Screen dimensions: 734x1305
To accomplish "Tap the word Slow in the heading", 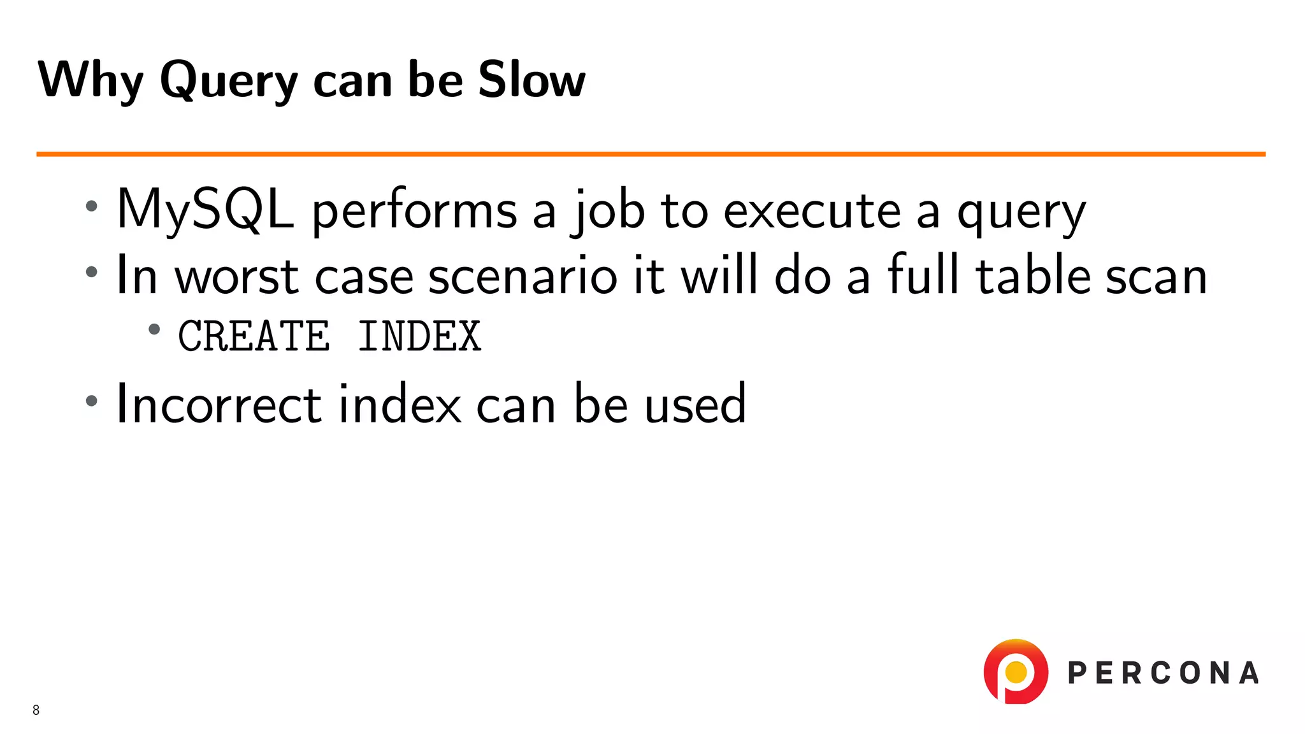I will [x=531, y=80].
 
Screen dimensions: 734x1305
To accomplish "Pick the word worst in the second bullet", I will [x=236, y=277].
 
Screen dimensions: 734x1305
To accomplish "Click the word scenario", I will [x=523, y=277].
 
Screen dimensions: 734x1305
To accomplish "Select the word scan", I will [x=1156, y=278].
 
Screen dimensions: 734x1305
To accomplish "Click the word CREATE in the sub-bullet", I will [x=254, y=336].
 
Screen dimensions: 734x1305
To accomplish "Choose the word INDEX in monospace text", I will [x=419, y=336].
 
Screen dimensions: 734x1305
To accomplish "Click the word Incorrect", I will [x=219, y=404].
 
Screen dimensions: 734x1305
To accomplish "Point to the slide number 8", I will [x=36, y=710].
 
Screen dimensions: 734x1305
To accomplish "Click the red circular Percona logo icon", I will [x=1015, y=672].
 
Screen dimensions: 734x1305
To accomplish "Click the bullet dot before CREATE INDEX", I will [x=154, y=329].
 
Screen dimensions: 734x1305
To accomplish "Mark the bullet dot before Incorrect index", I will [x=92, y=401].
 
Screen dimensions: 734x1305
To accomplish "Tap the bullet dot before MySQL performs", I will [x=92, y=206].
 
